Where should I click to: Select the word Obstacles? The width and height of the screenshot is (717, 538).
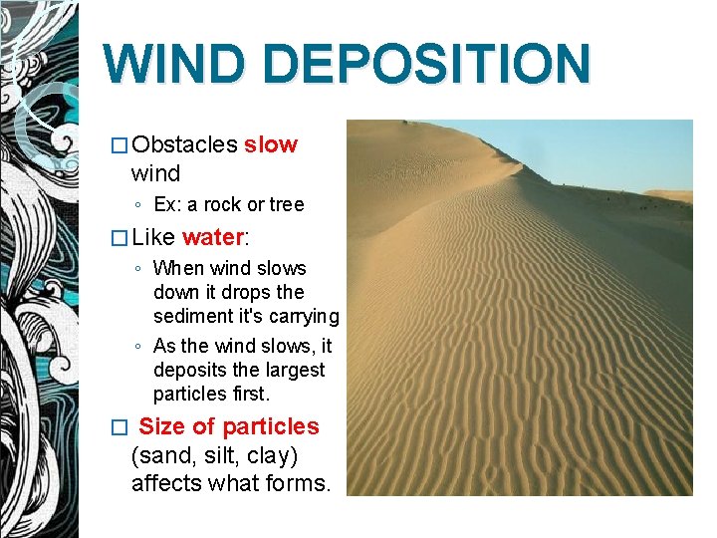click(184, 144)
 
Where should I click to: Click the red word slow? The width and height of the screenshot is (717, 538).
click(270, 144)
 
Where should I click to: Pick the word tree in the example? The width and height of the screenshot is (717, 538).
click(286, 204)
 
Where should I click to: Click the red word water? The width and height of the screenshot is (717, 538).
click(212, 237)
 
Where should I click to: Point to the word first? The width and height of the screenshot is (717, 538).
click(249, 394)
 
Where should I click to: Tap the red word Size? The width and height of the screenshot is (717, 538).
click(162, 426)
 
